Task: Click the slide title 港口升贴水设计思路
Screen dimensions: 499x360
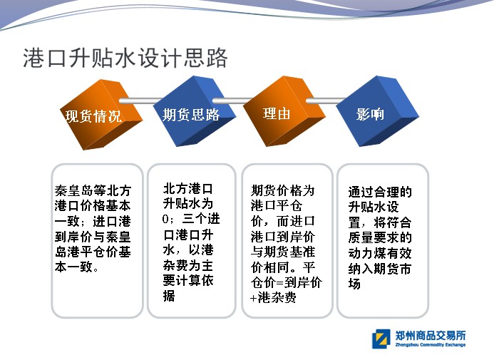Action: click(125, 58)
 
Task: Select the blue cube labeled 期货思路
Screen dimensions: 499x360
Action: click(195, 111)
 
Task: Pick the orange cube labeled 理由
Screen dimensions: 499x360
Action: click(284, 111)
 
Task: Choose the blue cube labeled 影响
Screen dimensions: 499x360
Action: click(377, 111)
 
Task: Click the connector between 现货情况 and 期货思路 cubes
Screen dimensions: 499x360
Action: click(140, 101)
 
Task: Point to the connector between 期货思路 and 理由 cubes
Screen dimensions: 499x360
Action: click(232, 101)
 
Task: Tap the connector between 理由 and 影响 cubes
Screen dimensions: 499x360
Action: click(326, 101)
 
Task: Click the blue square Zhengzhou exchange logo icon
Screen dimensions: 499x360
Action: click(381, 339)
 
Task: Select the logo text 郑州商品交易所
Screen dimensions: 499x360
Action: click(431, 335)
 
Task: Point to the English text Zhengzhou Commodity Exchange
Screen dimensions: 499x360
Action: click(431, 345)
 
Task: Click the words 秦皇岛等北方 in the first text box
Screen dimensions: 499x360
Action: click(93, 190)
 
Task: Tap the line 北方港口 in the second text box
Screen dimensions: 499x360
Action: click(187, 188)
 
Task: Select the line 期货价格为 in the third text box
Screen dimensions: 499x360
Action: click(282, 190)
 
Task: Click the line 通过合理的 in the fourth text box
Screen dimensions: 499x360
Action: click(380, 192)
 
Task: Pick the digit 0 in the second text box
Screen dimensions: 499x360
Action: click(165, 219)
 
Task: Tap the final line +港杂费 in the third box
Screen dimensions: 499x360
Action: click(273, 297)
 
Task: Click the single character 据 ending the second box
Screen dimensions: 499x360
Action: click(169, 296)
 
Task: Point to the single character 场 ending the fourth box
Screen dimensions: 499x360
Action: click(354, 284)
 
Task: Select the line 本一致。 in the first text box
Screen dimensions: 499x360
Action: click(77, 267)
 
